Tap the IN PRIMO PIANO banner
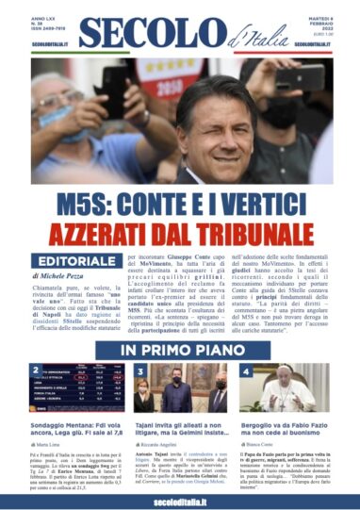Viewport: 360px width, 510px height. tap(179, 350)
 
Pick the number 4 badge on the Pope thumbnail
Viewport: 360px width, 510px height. tap(239, 370)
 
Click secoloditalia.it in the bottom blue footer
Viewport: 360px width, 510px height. tap(179, 499)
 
